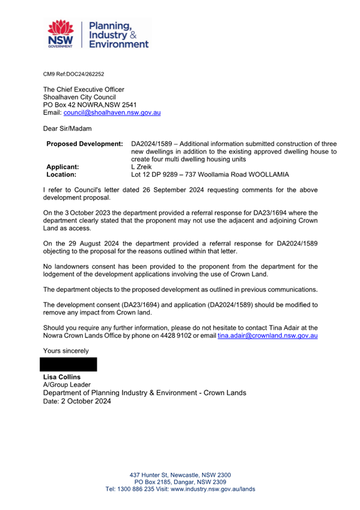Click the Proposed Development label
(x=84, y=144)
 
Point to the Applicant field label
(x=63, y=167)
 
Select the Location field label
(x=61, y=175)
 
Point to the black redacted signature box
(x=67, y=364)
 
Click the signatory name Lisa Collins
(x=63, y=376)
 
